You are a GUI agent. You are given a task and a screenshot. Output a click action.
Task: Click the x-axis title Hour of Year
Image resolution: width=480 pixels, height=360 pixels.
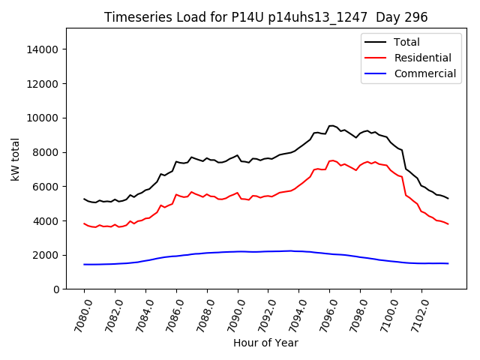(x=265, y=343)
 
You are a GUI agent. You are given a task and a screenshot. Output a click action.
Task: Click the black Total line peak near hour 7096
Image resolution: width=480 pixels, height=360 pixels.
(x=331, y=125)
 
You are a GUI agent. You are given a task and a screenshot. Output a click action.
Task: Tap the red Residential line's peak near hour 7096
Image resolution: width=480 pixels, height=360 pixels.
(x=331, y=160)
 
